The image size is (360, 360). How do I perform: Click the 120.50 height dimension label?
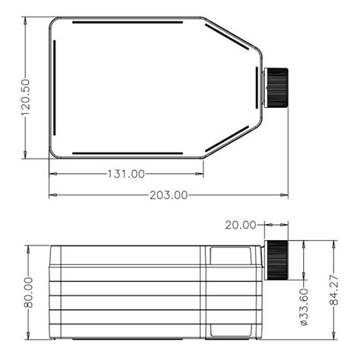(26, 97)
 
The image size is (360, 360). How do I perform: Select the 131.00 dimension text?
(126, 174)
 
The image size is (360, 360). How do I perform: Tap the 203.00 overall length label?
(169, 195)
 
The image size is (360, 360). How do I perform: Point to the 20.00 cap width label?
(241, 225)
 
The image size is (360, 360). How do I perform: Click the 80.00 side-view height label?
(28, 292)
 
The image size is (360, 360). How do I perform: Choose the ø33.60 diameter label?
(304, 307)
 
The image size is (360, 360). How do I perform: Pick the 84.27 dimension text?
(334, 290)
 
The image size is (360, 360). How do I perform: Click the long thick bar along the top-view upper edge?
(128, 22)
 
